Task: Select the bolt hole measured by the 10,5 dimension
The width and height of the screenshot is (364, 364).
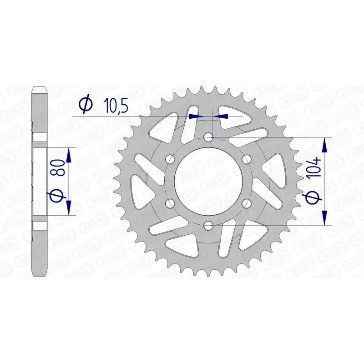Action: (208, 137)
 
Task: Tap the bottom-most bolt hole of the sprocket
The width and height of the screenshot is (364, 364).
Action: (208, 225)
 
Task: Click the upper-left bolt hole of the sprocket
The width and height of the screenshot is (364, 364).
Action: (171, 159)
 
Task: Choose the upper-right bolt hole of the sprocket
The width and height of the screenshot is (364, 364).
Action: (247, 159)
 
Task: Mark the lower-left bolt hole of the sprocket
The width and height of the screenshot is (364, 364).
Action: (171, 203)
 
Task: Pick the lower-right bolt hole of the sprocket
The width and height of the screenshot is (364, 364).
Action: (247, 203)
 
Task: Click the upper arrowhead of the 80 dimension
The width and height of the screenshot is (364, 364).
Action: (69, 155)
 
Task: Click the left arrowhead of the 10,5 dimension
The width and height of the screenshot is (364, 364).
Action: (195, 116)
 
